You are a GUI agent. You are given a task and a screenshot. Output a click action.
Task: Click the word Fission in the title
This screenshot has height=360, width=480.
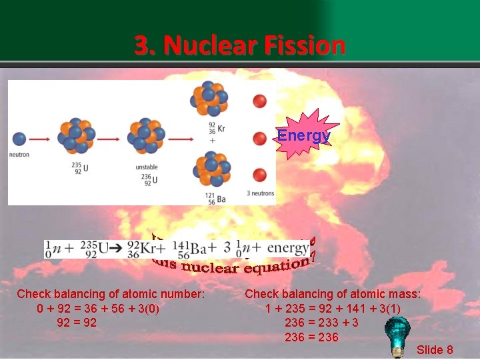point(304,45)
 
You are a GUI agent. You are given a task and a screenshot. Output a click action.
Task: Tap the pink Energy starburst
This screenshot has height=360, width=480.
point(303,135)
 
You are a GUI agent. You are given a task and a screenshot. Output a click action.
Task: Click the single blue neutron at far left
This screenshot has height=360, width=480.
point(20,139)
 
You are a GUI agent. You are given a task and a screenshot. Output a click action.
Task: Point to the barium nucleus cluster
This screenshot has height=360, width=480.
point(211,171)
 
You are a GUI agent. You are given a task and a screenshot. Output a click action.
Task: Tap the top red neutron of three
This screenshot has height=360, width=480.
point(259,101)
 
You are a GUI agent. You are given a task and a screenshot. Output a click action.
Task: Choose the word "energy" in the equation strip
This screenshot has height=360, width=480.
point(288,248)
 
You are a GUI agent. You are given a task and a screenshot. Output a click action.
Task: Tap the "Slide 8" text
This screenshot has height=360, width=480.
point(435,349)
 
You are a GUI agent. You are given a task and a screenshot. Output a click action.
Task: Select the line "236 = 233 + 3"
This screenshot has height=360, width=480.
point(321,323)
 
